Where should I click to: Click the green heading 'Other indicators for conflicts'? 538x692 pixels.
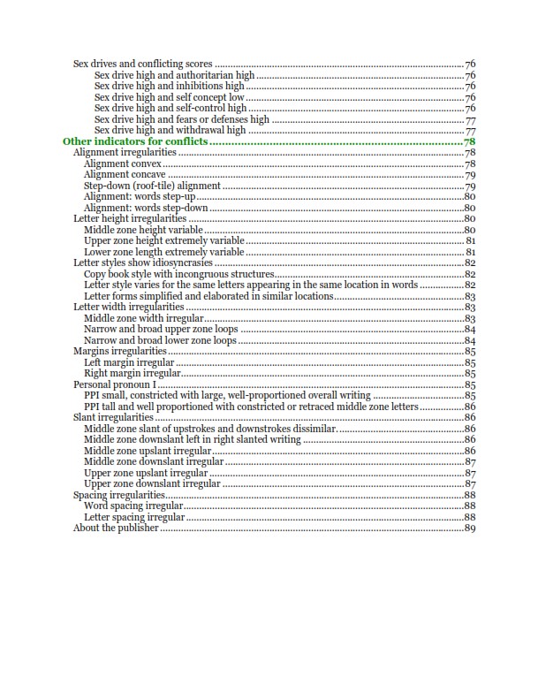click(134, 141)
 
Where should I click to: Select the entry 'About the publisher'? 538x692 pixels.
click(116, 529)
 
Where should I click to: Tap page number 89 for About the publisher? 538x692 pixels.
click(470, 529)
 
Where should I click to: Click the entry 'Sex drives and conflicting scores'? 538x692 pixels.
click(143, 65)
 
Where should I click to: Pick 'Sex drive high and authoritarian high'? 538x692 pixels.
click(174, 75)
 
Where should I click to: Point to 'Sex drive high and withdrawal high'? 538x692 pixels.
click(170, 130)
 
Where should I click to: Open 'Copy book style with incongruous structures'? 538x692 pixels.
click(179, 274)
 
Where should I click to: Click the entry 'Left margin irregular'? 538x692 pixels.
click(129, 362)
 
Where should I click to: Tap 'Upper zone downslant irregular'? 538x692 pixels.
click(152, 483)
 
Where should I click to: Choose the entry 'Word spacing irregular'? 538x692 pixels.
click(133, 506)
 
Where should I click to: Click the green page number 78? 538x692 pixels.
click(470, 141)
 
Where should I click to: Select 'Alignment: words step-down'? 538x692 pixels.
click(146, 208)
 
